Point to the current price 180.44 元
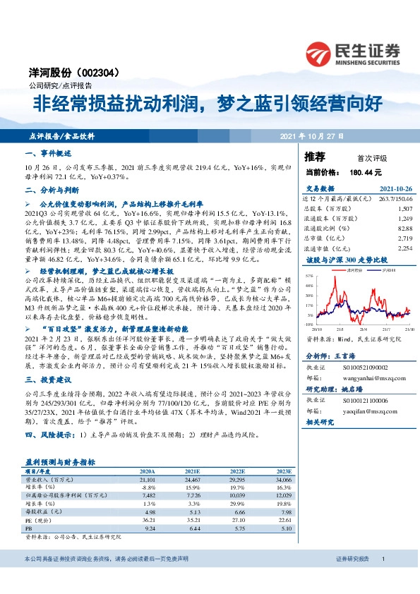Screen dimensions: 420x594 point(366,171)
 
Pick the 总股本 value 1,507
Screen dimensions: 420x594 point(404,209)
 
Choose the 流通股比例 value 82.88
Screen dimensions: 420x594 point(404,229)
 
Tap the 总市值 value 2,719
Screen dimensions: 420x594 point(404,238)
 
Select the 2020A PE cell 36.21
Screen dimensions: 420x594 point(148,521)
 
